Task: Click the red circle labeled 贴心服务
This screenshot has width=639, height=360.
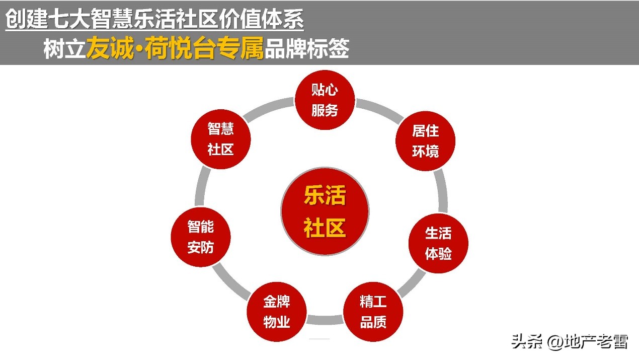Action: pos(325,100)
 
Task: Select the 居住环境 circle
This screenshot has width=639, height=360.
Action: pos(425,140)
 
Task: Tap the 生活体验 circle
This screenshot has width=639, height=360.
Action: pos(438,243)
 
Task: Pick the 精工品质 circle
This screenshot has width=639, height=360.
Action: pos(373,312)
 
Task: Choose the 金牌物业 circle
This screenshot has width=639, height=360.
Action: pos(277,312)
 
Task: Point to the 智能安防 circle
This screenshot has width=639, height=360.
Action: pos(201,237)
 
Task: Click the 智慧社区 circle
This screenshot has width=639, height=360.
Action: pos(221,138)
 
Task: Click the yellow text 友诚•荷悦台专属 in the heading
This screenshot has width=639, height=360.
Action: pos(175,50)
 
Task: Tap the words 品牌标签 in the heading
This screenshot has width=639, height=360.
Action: pos(306,50)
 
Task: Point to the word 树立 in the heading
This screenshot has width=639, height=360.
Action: pos(64,50)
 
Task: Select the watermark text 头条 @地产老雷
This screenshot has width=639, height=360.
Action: pos(570,342)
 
